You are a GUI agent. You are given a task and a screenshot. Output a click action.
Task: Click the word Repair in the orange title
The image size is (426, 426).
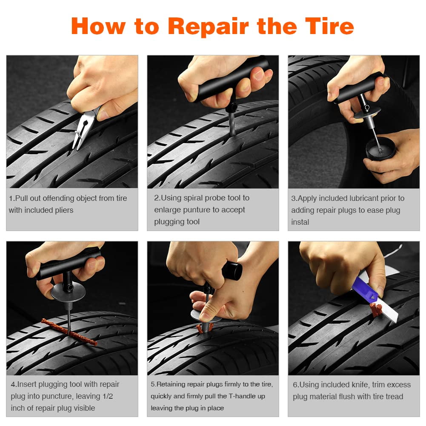click(209, 26)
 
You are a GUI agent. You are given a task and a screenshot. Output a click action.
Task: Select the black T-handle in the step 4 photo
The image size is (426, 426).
click(68, 264)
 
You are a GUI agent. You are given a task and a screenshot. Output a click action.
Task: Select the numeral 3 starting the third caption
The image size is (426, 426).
click(293, 198)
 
